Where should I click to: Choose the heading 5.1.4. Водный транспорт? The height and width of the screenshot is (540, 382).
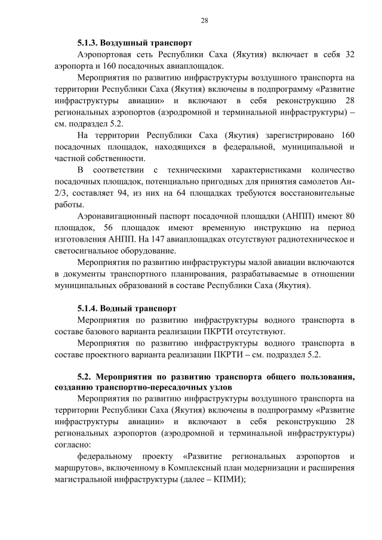tap(127, 308)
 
